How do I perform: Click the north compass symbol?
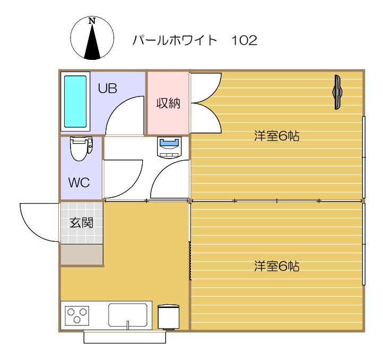[x=92, y=38]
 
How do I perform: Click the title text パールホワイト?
[x=175, y=40]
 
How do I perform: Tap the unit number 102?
[x=244, y=40]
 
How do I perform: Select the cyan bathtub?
[x=75, y=102]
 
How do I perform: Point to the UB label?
[x=107, y=88]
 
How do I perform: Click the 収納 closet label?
[x=168, y=103]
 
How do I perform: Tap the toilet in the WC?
[x=81, y=148]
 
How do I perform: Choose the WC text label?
[x=79, y=182]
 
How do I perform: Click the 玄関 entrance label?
[x=81, y=222]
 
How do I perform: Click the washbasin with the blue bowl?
[x=170, y=146]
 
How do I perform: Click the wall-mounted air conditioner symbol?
[x=337, y=92]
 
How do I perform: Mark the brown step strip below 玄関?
[x=81, y=254]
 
